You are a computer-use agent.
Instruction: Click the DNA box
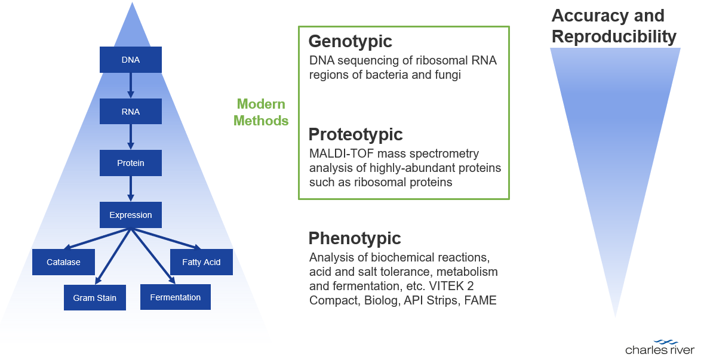pyautogui.click(x=131, y=60)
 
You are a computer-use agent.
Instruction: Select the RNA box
pyautogui.click(x=131, y=112)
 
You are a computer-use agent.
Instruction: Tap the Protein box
pyautogui.click(x=131, y=163)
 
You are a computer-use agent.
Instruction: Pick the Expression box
pyautogui.click(x=131, y=215)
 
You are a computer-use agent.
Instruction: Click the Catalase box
pyautogui.click(x=64, y=262)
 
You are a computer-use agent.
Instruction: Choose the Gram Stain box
pyautogui.click(x=95, y=297)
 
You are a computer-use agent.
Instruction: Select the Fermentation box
pyautogui.click(x=176, y=297)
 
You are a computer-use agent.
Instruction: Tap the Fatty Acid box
pyautogui.click(x=201, y=262)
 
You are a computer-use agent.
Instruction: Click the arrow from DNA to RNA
pyautogui.click(x=131, y=85)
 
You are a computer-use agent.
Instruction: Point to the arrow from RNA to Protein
pyautogui.click(x=131, y=137)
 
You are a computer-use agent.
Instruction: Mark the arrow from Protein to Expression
pyautogui.click(x=131, y=189)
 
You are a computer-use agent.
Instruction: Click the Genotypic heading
pyautogui.click(x=350, y=41)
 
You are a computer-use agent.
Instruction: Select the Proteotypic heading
pyautogui.click(x=355, y=134)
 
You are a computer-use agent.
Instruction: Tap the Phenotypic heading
pyautogui.click(x=354, y=238)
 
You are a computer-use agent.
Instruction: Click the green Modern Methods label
pyautogui.click(x=261, y=112)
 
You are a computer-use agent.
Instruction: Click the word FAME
pyautogui.click(x=480, y=300)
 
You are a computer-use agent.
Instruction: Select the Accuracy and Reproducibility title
pyautogui.click(x=613, y=26)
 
